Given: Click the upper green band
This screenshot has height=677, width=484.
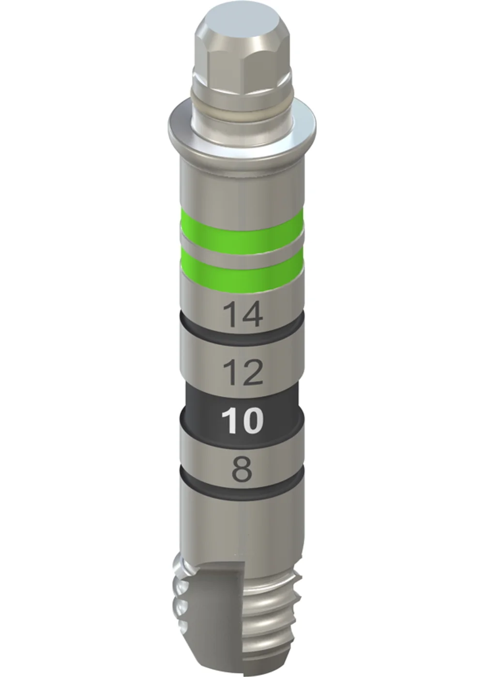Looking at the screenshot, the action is point(242,228).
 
